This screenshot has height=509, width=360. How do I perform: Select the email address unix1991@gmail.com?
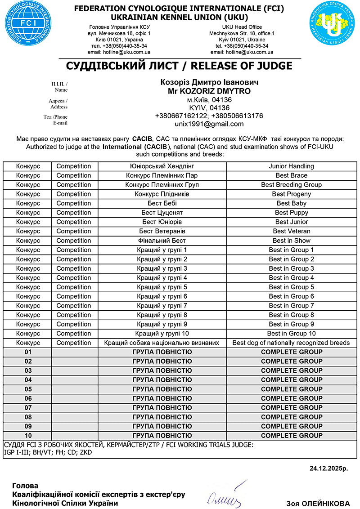coord(209,124)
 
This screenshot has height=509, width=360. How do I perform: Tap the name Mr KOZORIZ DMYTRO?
coord(209,91)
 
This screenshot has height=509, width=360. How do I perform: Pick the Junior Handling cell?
coord(291,166)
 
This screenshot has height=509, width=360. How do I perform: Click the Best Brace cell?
coord(291,175)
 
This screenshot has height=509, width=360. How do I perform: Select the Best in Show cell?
coord(291,241)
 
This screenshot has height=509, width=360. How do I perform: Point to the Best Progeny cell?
coord(291,194)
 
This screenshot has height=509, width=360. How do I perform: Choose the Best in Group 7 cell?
coord(291,306)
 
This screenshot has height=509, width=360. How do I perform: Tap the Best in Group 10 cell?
coord(291,334)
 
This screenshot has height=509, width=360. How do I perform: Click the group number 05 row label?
coord(28,389)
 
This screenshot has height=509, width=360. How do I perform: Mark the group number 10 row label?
coord(28,435)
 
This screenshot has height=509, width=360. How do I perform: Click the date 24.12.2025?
coord(328,469)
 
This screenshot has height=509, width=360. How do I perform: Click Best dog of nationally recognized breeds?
coord(291,343)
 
